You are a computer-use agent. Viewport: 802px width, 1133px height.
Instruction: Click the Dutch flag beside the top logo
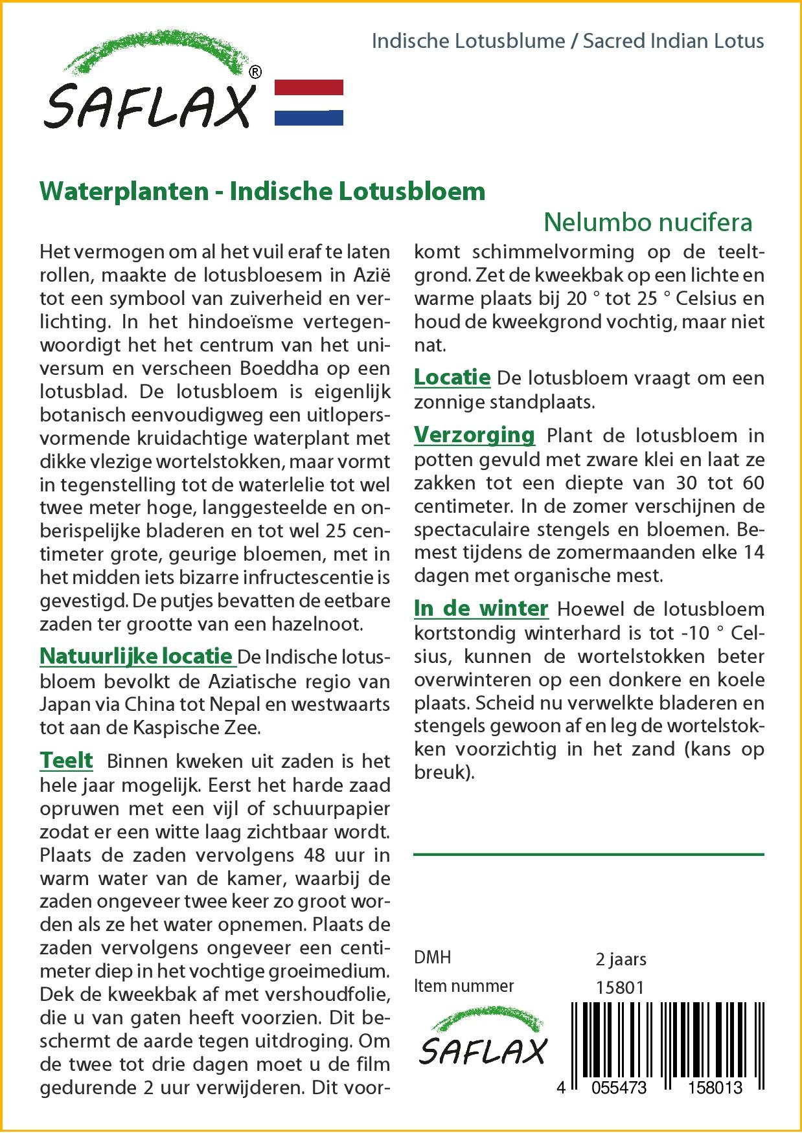pyautogui.click(x=309, y=102)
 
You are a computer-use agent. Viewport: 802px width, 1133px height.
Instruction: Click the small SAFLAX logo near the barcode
pyautogui.click(x=483, y=1042)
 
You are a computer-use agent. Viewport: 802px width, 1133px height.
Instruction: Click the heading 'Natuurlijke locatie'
pyautogui.click(x=136, y=656)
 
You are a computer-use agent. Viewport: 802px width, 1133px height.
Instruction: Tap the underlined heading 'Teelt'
pyautogui.click(x=66, y=761)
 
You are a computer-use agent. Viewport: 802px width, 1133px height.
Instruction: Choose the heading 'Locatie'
pyautogui.click(x=452, y=377)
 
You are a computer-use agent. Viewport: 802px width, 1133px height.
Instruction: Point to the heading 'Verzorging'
pyautogui.click(x=474, y=435)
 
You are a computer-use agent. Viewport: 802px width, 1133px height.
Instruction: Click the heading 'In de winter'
pyautogui.click(x=481, y=609)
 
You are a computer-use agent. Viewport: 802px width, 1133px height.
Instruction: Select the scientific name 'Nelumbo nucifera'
pyautogui.click(x=648, y=223)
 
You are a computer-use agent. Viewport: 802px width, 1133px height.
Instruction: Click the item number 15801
pyautogui.click(x=620, y=987)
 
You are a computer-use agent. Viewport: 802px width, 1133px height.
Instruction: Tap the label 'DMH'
pyautogui.click(x=432, y=958)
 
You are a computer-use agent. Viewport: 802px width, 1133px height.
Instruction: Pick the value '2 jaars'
pyautogui.click(x=621, y=959)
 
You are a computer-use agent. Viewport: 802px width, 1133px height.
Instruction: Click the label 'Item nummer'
pyautogui.click(x=464, y=987)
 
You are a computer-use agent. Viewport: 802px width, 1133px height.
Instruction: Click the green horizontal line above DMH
pyautogui.click(x=588, y=855)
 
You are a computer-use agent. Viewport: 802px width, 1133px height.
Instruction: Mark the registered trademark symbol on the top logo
pyautogui.click(x=256, y=73)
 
